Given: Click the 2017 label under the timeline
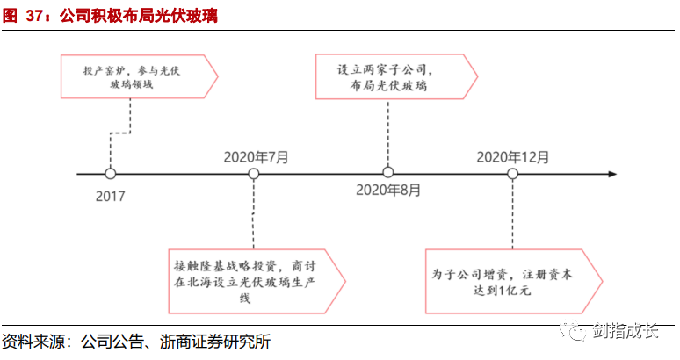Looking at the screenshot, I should click(110, 196).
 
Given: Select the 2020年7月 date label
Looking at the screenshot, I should click(255, 156).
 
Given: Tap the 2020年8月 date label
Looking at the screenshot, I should click(387, 190).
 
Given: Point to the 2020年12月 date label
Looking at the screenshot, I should click(513, 156).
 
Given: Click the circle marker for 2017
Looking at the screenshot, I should click(110, 174).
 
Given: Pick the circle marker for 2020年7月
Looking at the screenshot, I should click(254, 174).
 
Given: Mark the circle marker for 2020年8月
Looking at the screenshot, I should click(387, 174).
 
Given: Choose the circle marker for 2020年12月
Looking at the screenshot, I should click(513, 174).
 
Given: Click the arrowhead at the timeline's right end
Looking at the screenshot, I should click(612, 174).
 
